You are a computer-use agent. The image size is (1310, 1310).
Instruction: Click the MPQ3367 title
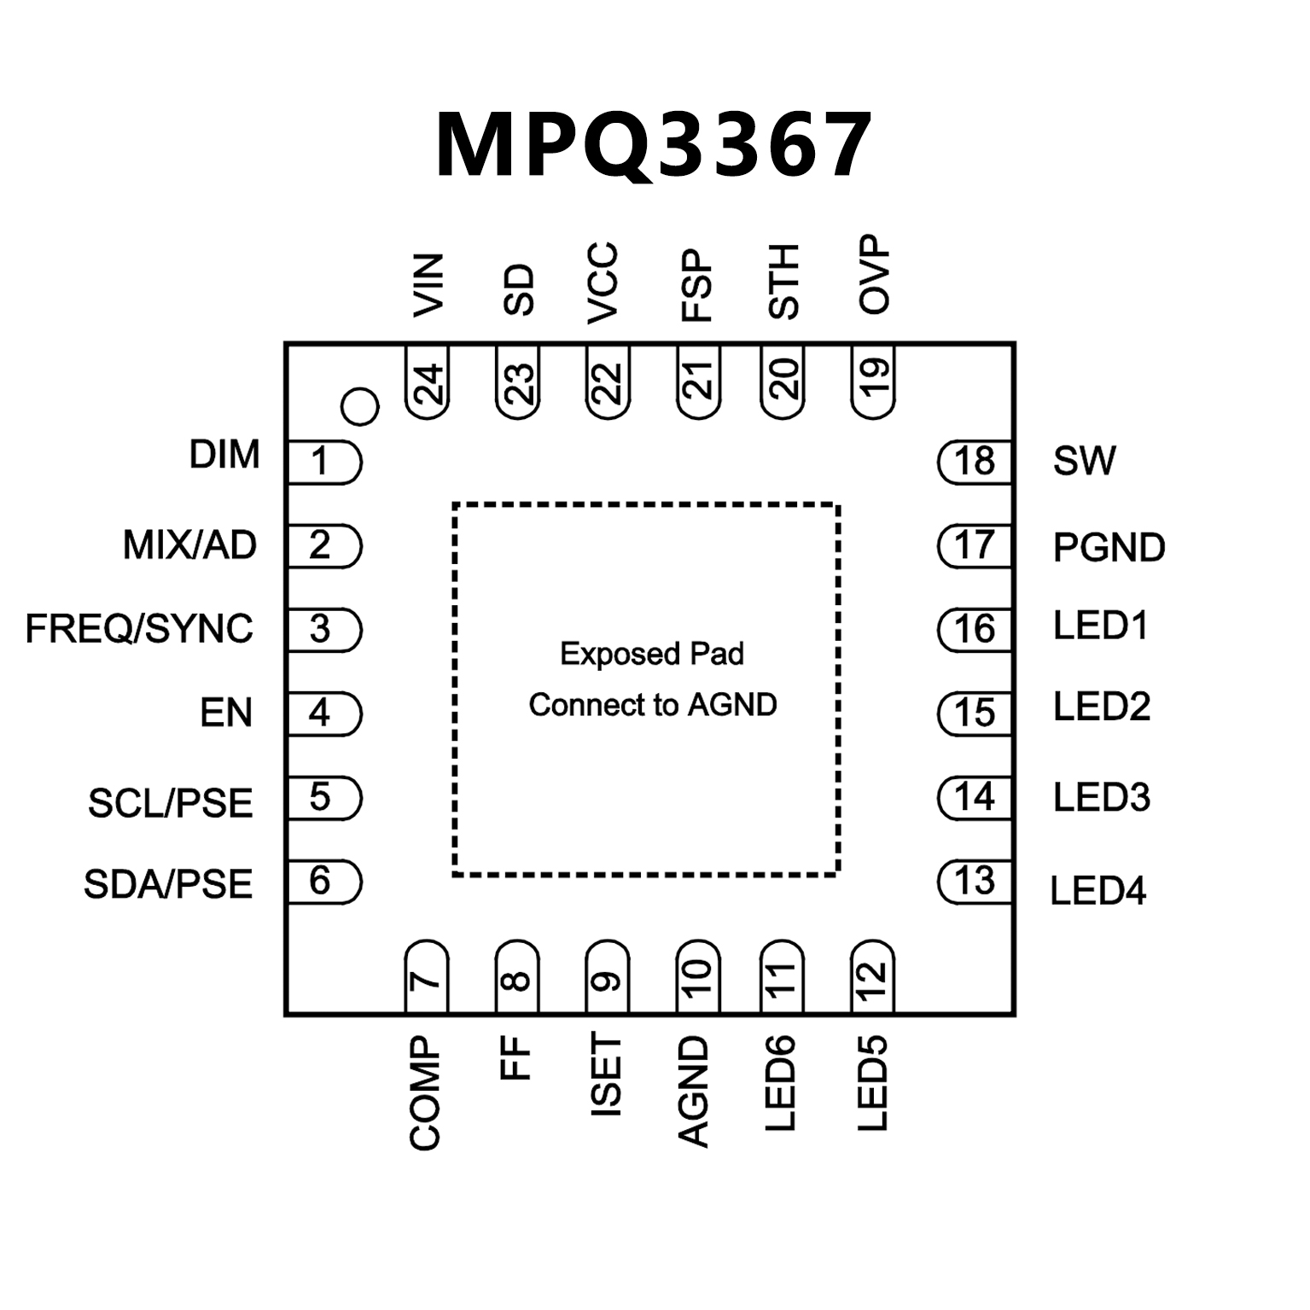pos(654,145)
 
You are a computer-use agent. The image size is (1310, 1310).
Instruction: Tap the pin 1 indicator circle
pos(359,407)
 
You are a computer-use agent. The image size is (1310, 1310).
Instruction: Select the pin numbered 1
pos(322,463)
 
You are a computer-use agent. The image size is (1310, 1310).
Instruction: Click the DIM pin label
pos(224,455)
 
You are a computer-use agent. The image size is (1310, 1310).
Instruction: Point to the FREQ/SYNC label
pos(139,629)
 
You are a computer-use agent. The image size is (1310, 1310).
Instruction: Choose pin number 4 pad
pos(322,713)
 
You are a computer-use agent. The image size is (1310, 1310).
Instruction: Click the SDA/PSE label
pos(168,884)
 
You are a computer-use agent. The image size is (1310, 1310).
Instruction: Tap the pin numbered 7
pos(426,975)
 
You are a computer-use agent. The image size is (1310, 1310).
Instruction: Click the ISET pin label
pos(606,1075)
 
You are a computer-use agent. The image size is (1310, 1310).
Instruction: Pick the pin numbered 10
pos(697,975)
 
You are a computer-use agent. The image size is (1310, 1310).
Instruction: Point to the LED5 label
pos(873,1084)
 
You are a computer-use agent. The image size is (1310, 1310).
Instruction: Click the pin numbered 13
pos(974,882)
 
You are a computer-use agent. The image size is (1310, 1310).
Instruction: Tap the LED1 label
pos(1101,626)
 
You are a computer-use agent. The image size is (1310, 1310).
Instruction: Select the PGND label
pos(1109,548)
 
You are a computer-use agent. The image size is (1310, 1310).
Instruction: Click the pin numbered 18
pos(974,462)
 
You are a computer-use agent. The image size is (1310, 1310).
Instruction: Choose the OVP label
pos(874,275)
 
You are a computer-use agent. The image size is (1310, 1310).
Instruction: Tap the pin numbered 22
pos(607,382)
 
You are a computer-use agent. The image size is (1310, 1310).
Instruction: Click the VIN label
pos(428,285)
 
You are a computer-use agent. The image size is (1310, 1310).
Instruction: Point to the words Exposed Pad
pos(652,655)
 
